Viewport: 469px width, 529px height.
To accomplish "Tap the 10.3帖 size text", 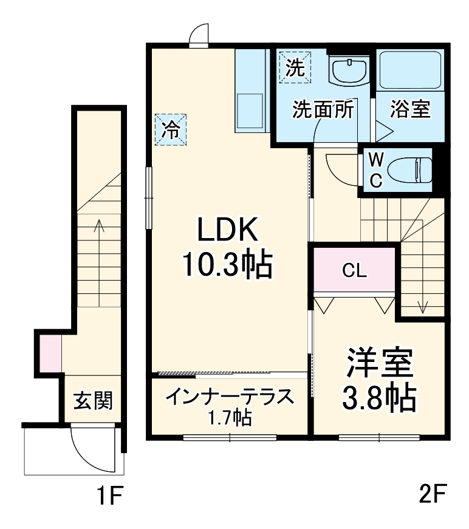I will click(x=227, y=265).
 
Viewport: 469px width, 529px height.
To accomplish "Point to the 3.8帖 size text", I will click(x=380, y=398).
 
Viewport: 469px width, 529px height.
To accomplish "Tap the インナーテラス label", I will click(x=230, y=398).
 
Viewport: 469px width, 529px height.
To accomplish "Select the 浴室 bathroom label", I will click(x=410, y=109).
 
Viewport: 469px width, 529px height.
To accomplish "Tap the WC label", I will click(x=377, y=169).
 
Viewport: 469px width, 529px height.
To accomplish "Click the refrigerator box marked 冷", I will click(x=171, y=129).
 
